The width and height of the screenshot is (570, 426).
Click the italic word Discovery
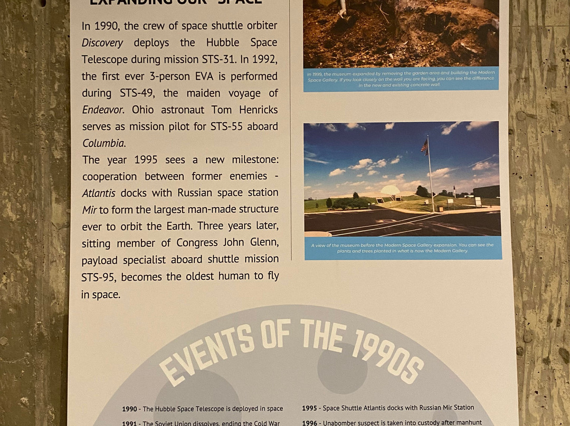click(x=102, y=43)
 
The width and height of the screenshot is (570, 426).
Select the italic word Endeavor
click(x=102, y=110)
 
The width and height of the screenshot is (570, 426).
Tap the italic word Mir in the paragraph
click(x=89, y=210)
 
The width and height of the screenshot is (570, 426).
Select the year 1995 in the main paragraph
click(x=146, y=160)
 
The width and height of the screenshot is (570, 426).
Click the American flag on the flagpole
click(x=424, y=147)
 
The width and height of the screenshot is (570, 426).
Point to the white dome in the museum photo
click(x=391, y=190)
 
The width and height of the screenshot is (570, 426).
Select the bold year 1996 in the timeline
click(x=309, y=422)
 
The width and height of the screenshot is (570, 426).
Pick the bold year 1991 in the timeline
click(x=130, y=423)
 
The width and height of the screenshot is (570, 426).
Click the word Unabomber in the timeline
click(x=342, y=422)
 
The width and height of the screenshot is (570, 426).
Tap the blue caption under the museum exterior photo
click(x=403, y=248)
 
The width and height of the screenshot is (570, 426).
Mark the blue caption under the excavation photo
click(x=401, y=79)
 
